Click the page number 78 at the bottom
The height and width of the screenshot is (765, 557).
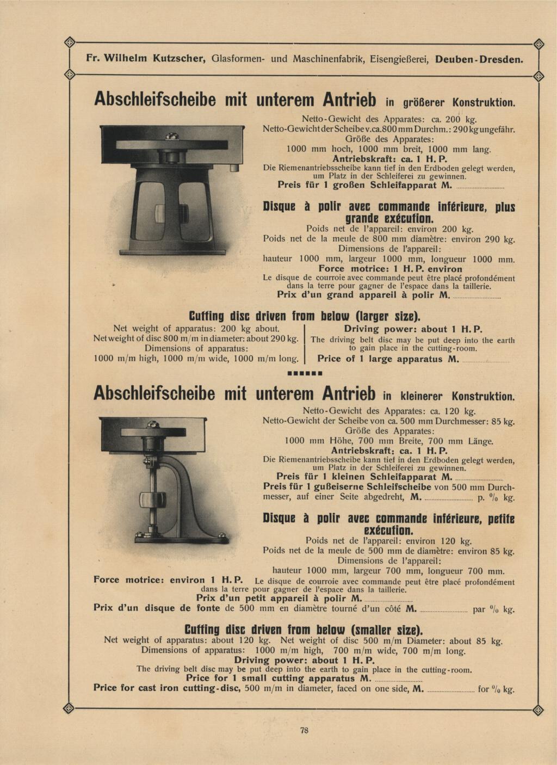coord(305,731)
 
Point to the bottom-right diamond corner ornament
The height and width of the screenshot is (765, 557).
coord(539,708)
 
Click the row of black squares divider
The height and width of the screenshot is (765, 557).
coord(305,374)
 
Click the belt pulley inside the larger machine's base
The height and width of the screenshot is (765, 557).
coord(159,211)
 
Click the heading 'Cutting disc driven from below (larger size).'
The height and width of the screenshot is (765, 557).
coord(305,316)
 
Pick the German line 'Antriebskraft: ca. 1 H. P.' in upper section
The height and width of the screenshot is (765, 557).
coord(389,158)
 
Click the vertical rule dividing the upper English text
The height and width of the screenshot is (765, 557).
coord(304,344)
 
